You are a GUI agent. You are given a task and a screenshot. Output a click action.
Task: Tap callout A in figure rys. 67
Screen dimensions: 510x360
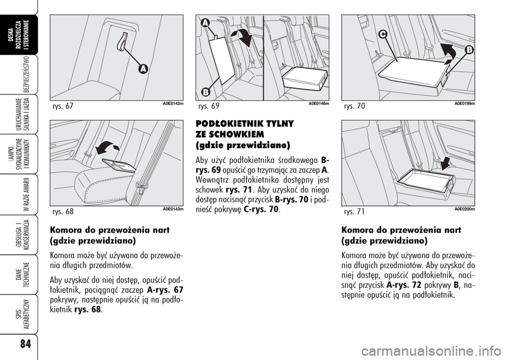pos(142,69)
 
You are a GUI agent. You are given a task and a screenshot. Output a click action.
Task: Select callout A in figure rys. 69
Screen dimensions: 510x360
pos(205,23)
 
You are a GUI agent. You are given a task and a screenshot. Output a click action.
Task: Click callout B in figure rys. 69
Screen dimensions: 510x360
pos(205,92)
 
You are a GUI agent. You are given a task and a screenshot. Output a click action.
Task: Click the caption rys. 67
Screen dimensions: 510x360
pos(63,106)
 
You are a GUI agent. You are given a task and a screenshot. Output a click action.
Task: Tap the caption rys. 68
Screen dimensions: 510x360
pos(63,212)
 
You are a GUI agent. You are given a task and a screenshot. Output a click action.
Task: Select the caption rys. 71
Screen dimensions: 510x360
pos(354,212)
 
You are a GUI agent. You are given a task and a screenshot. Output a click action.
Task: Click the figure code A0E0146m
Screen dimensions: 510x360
pos(319,104)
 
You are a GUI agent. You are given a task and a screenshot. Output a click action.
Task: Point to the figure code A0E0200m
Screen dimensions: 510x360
pos(465,209)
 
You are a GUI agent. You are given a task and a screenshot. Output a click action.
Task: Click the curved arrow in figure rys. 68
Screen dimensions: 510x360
pos(108,148)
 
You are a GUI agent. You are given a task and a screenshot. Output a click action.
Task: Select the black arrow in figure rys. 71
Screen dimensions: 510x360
pos(447,162)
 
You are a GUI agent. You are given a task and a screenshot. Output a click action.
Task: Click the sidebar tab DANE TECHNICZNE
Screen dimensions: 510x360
pos(25,275)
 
